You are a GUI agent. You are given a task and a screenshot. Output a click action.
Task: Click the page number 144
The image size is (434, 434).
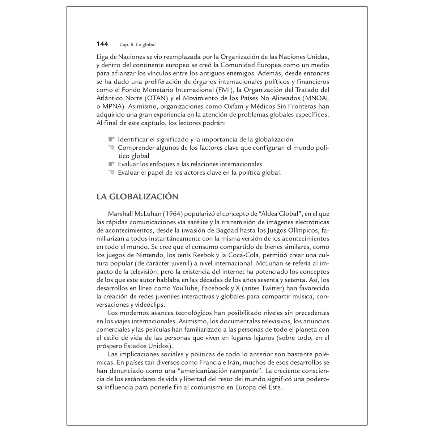point(102,44)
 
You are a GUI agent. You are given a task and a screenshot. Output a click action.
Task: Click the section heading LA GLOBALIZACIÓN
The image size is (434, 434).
point(137,197)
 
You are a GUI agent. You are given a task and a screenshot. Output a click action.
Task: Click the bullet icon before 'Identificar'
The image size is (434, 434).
point(111,139)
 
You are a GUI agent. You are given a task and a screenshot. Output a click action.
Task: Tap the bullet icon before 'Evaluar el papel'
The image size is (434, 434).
point(111,173)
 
